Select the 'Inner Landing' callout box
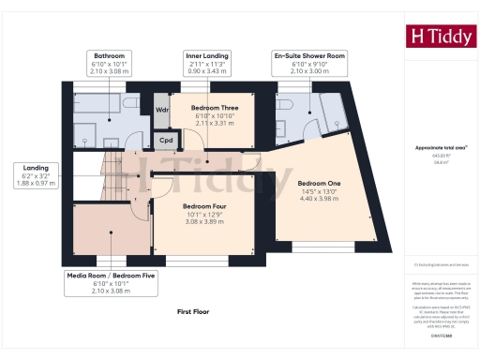[205, 62]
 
